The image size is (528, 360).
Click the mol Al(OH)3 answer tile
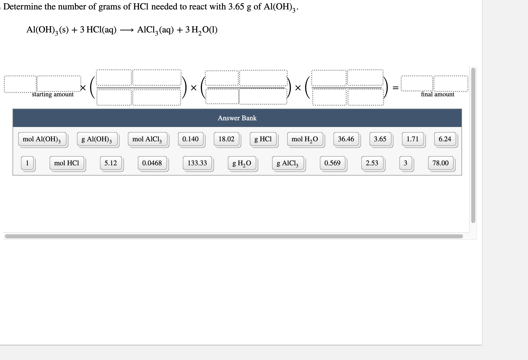coord(42,139)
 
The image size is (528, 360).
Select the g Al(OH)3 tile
coord(97,139)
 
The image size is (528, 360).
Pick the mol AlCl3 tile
coord(147,139)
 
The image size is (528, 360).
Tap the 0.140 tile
coord(190,139)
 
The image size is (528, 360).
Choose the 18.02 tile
coord(227,139)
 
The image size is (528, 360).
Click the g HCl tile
coord(263,139)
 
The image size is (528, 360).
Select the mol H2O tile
coord(305,139)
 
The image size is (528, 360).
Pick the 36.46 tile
coord(346,139)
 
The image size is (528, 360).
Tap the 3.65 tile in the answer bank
coord(380,139)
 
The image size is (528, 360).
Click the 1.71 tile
coord(413,139)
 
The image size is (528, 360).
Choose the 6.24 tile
coord(445,139)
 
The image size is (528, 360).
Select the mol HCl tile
coord(67,163)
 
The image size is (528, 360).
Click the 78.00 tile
coord(441,163)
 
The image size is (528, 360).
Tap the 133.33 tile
coord(197,163)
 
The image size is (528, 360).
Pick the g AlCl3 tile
coord(288,163)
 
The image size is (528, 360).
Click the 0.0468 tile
coord(152,163)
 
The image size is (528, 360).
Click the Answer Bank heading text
coord(237,118)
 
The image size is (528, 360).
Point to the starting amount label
coord(53,94)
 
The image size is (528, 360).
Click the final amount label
coord(437,94)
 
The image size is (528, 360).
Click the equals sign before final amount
coord(396,88)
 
